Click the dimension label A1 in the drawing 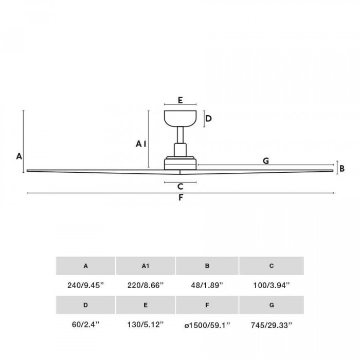point(141,144)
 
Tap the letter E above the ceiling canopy point(180,100)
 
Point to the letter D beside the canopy point(208,118)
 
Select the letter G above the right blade point(266,160)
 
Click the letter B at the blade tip point(342,169)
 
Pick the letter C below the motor point(181,186)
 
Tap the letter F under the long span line point(181,197)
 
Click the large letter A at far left point(19,156)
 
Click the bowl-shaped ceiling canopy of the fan point(180,118)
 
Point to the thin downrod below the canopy point(180,135)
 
